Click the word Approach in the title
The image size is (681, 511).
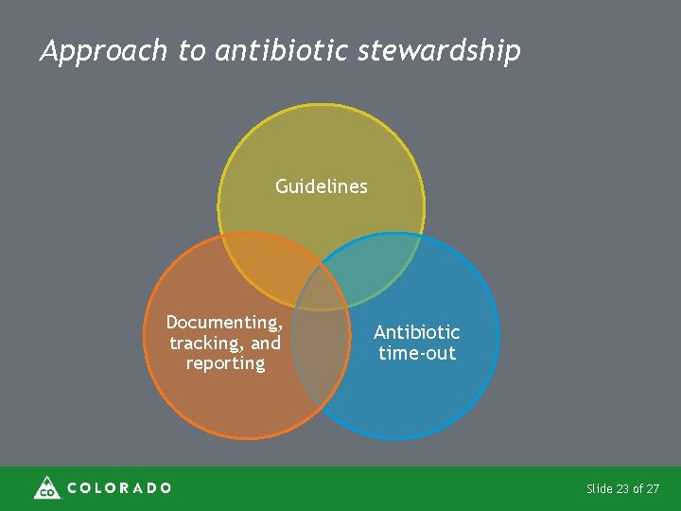point(103,51)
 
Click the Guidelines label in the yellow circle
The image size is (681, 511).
point(321,186)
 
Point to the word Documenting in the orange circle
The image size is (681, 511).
point(224,323)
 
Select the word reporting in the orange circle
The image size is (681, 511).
point(225,363)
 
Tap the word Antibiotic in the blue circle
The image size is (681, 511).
point(416,332)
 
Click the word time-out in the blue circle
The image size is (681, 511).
point(417,353)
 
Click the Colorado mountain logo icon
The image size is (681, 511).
point(46,487)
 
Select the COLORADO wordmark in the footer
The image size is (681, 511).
point(119,488)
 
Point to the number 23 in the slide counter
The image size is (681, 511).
point(621,489)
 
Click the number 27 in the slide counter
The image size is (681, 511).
point(652,489)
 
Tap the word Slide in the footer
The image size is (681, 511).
point(599,489)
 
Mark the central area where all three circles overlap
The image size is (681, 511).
point(321,289)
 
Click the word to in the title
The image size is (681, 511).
point(191,51)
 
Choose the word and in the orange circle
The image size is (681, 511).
point(266,344)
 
